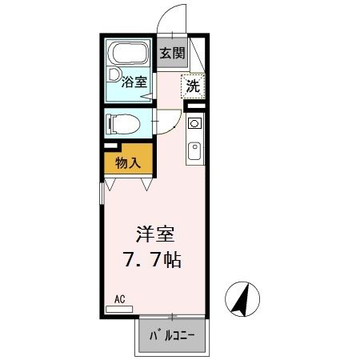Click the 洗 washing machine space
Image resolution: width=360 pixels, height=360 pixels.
point(193,86)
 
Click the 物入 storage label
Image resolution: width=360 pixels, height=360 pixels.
point(128,163)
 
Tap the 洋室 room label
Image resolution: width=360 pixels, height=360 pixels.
point(155,236)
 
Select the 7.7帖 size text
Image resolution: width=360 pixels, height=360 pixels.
point(156,260)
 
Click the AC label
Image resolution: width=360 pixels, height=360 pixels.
point(119,299)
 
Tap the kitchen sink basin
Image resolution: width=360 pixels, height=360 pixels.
point(194,150)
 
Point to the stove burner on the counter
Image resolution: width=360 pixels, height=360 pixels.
point(194,125)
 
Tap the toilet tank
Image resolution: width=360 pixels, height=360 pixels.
point(110,124)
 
